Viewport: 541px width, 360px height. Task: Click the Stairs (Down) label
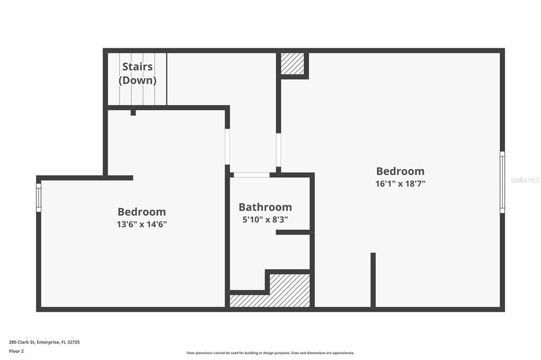click(137, 73)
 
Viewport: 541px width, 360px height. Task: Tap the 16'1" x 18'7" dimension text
click(400, 184)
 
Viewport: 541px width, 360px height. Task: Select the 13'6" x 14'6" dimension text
click(142, 224)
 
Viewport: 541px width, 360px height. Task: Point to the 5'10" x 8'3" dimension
click(265, 220)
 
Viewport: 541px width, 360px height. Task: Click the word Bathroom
click(265, 207)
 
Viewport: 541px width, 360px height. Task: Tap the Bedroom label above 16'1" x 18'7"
click(400, 171)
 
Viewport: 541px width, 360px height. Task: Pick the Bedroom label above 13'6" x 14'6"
click(142, 212)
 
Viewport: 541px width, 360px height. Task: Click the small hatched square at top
click(292, 64)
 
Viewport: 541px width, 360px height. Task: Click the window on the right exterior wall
click(502, 182)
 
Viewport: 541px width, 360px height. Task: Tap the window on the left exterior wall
click(39, 197)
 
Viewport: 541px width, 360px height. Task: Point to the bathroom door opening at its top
click(251, 175)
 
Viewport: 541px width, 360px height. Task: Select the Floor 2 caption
click(16, 350)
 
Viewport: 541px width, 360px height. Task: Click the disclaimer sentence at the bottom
click(270, 353)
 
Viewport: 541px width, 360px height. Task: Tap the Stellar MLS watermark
click(525, 180)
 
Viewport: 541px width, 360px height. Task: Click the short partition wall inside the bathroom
click(293, 232)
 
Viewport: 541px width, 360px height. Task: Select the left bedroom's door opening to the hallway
click(227, 146)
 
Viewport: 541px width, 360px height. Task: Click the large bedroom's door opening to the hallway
click(278, 150)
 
